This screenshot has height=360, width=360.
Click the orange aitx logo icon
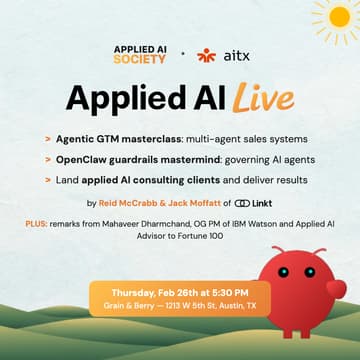(x=207, y=55)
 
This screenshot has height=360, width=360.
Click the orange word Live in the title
(x=264, y=99)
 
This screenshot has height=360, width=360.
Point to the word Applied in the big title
(x=111, y=98)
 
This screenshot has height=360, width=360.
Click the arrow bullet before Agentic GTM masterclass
(x=48, y=134)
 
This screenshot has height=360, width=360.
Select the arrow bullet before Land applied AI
(x=48, y=178)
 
